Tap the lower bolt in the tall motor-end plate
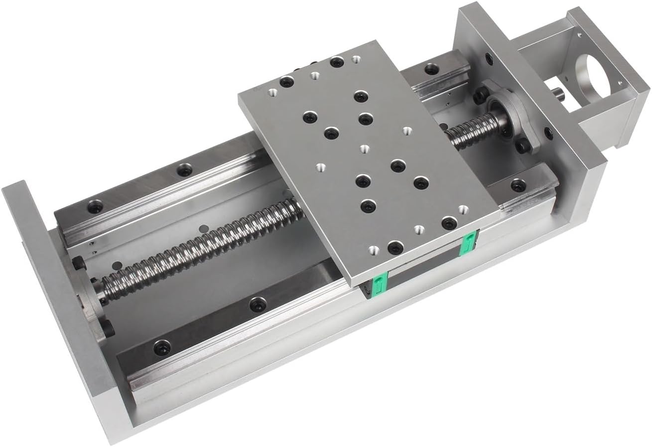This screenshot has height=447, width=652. coord(549,133)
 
